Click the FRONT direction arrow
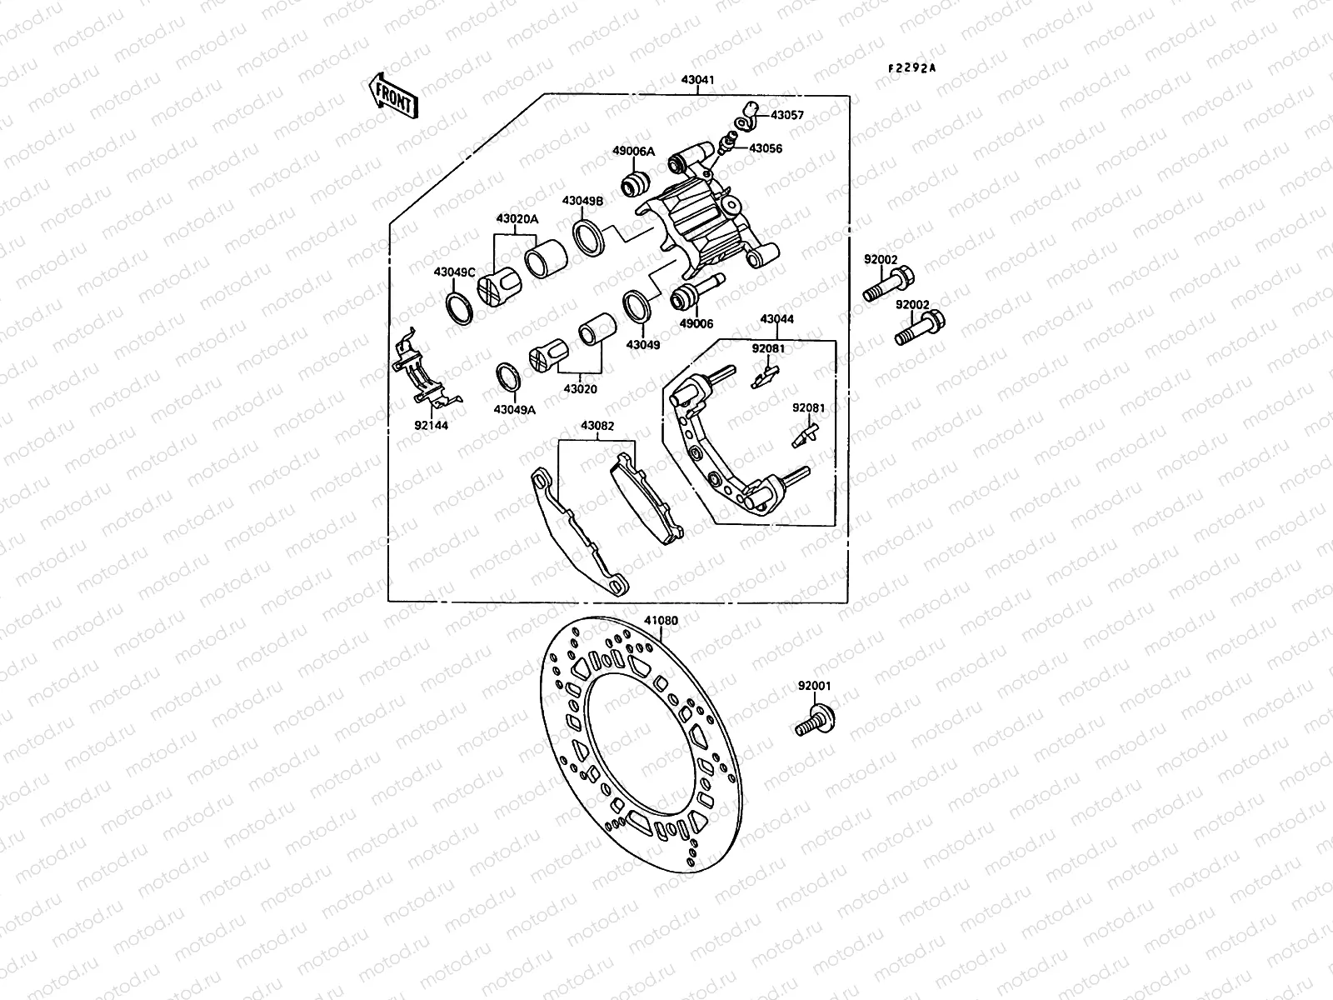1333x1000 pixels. coord(391,93)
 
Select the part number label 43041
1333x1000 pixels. coord(697,81)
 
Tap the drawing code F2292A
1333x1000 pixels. coord(911,68)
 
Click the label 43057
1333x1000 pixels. coord(786,115)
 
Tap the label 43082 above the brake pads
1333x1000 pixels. coord(597,426)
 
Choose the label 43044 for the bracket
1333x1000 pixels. coord(776,319)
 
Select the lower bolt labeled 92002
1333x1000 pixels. coord(919,327)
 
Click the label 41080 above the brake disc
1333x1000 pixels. coord(661,620)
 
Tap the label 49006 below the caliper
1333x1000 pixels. coord(696,324)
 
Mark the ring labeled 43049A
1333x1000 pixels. coord(509,377)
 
